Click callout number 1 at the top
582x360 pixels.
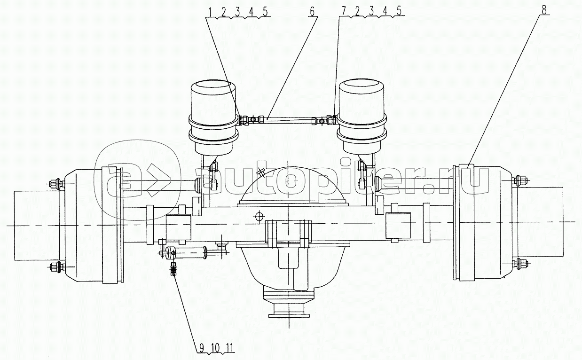point(211,12)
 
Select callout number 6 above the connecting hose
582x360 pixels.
point(312,11)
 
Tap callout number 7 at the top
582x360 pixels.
point(344,11)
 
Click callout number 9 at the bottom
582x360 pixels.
point(202,347)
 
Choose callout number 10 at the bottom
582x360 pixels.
point(215,347)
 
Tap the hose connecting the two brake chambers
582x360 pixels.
point(288,119)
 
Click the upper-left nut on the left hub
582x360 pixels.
point(56,184)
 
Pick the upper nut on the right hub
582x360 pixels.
point(519,180)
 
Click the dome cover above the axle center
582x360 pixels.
point(293,186)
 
